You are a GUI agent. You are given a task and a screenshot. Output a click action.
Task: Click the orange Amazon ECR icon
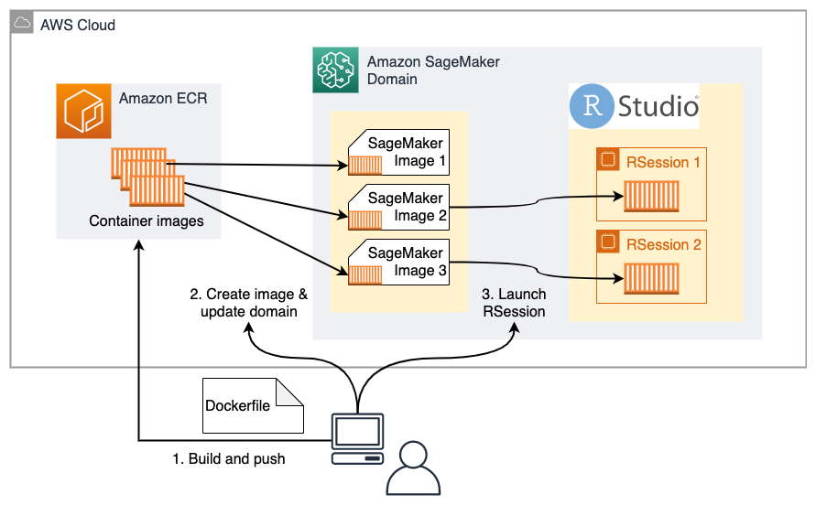coord(83,111)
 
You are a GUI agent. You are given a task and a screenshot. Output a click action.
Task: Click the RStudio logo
coord(635,105)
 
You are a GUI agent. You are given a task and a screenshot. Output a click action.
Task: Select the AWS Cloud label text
coord(78,25)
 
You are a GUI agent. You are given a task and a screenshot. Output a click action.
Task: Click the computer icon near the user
coord(357,437)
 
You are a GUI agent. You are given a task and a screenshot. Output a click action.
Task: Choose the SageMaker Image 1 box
coord(398,152)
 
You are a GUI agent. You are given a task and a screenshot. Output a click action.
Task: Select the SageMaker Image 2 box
coord(398,207)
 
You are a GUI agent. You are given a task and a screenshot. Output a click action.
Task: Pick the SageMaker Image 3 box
coord(398,262)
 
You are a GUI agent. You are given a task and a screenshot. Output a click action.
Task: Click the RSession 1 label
coord(663,162)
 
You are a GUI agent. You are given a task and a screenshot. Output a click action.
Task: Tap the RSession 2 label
coord(663,244)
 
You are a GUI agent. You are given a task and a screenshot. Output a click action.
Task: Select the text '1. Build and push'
coord(229,458)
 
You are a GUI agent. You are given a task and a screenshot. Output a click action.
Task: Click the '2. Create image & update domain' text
coord(248,303)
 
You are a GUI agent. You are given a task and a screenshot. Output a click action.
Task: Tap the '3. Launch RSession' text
coord(515,303)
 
